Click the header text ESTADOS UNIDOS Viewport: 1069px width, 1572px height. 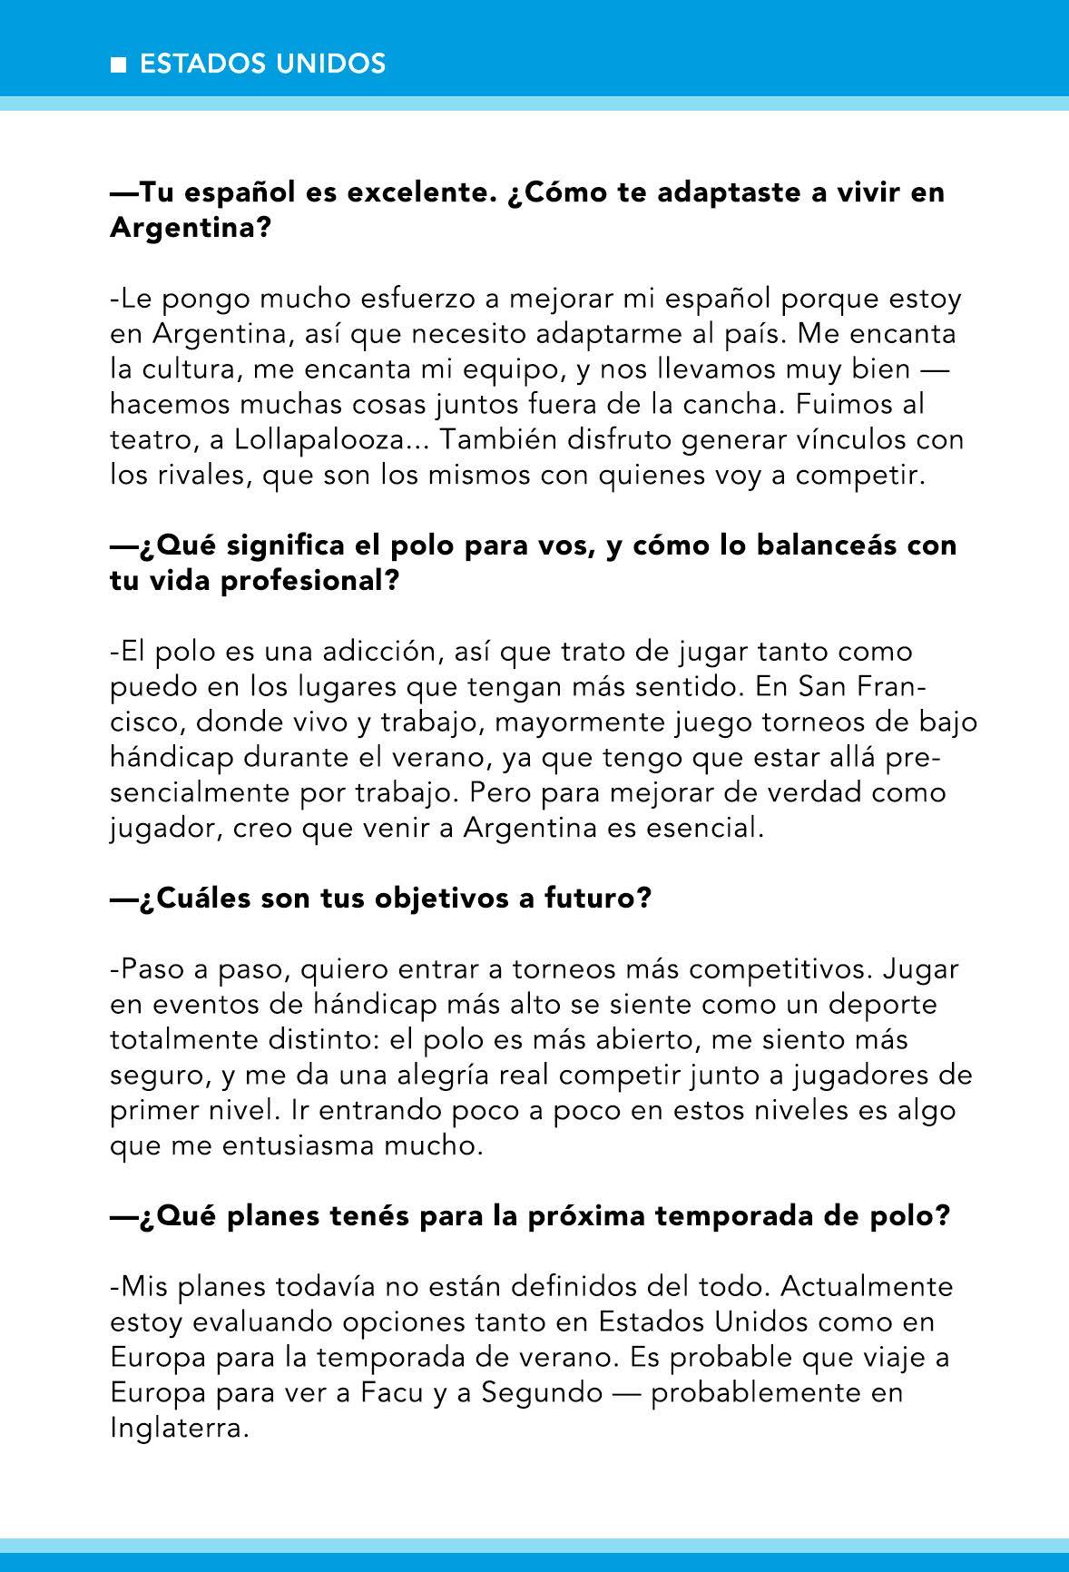263,64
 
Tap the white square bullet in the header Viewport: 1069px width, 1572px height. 117,65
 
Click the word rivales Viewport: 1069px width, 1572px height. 199,476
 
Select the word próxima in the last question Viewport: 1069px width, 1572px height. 578,1216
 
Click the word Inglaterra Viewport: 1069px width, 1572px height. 178,1428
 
